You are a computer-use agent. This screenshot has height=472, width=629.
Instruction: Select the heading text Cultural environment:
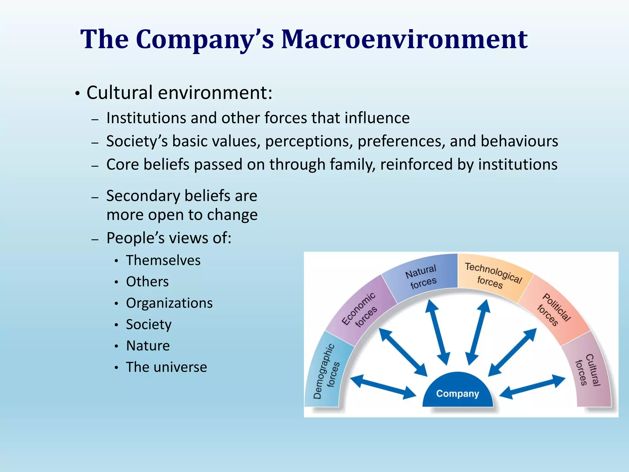pyautogui.click(x=179, y=92)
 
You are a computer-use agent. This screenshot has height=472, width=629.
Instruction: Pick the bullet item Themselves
pyautogui.click(x=163, y=260)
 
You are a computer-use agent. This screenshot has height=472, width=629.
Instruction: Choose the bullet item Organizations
pyautogui.click(x=169, y=303)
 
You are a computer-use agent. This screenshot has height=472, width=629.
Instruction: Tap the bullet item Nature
pyautogui.click(x=148, y=346)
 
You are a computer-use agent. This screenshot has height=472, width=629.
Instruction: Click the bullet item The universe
pyautogui.click(x=166, y=367)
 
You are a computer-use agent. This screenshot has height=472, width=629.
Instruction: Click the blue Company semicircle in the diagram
pyautogui.click(x=457, y=392)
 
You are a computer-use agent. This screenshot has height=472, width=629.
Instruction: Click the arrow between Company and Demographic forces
pyautogui.click(x=383, y=387)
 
